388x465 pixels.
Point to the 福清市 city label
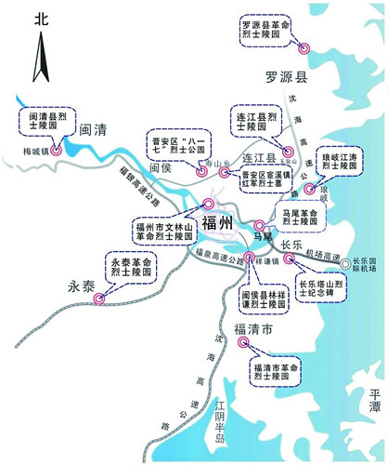pyautogui.click(x=252, y=330)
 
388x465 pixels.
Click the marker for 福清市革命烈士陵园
pyautogui.click(x=244, y=341)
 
